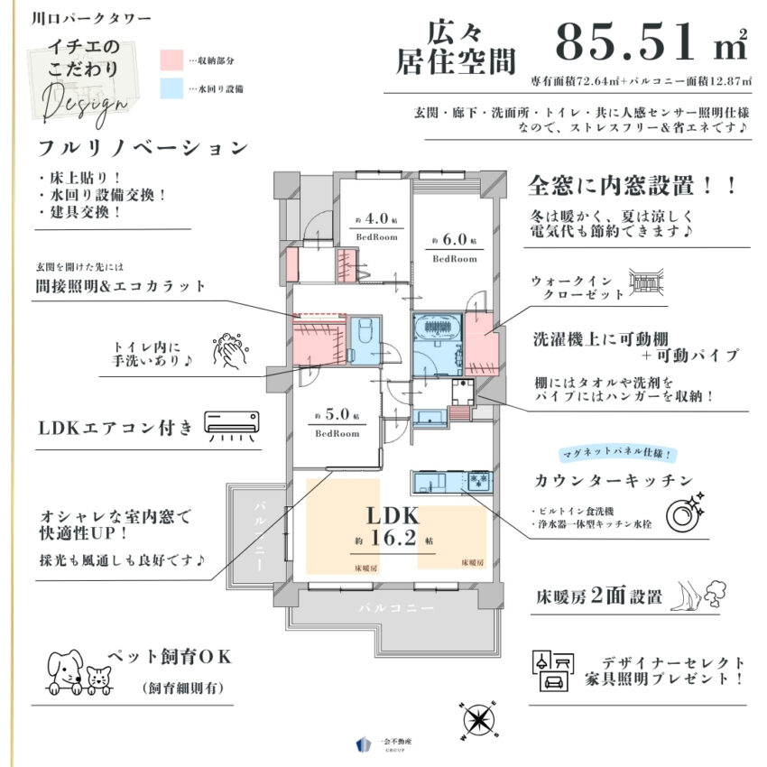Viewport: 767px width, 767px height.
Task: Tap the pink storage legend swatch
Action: click(171, 60)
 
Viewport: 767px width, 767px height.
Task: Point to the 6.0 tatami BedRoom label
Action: click(454, 248)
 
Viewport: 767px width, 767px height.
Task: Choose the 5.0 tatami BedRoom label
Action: click(337, 424)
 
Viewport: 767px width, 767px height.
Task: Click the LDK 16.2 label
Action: click(393, 525)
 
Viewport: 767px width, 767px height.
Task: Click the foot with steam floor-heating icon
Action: click(699, 594)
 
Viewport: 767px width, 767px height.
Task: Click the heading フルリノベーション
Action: click(142, 147)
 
